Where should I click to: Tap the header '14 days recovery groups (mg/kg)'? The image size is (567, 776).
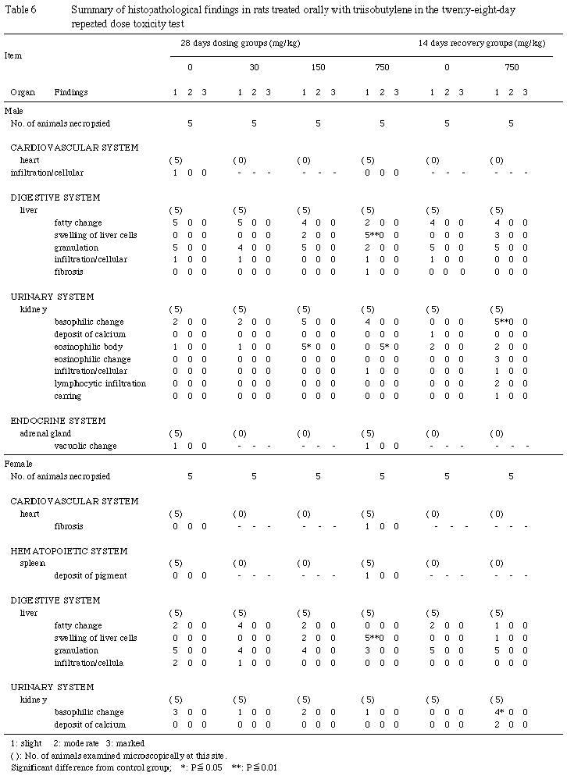point(479,41)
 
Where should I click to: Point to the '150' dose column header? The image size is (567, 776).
point(318,67)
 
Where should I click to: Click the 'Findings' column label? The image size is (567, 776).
point(71,92)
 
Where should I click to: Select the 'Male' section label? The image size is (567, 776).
point(14,112)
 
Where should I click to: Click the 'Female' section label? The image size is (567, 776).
point(18,464)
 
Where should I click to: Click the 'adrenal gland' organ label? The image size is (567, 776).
point(45,433)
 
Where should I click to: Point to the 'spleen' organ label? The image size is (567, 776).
point(32,563)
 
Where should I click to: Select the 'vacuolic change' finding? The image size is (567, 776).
point(85,446)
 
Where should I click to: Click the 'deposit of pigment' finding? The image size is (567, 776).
point(90,575)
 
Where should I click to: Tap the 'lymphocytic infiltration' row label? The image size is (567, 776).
point(100,383)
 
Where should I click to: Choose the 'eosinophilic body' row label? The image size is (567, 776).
point(87,347)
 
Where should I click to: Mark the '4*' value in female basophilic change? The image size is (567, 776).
point(500,712)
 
